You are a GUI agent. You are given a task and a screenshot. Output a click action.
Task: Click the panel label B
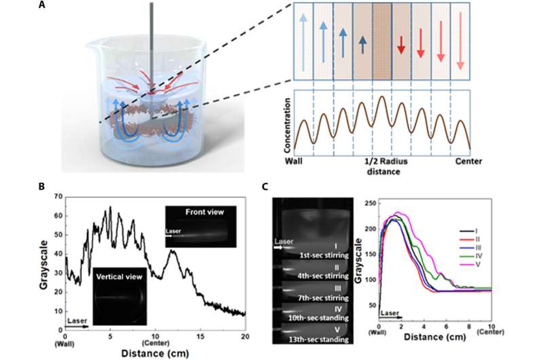[x=42, y=185]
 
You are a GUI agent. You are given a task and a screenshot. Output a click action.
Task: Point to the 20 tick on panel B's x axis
[x=244, y=336]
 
